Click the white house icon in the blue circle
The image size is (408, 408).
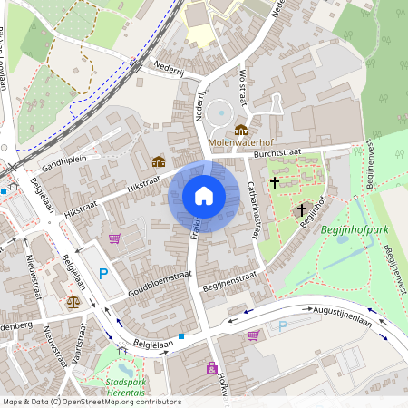(x=204, y=196)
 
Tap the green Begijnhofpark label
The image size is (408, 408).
(x=355, y=230)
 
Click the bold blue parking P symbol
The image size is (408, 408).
(x=103, y=273)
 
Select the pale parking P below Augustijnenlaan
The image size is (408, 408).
(x=283, y=325)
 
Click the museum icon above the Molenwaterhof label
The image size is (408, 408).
(x=240, y=130)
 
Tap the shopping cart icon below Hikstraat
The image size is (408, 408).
(x=114, y=239)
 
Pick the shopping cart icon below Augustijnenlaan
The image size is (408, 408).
(x=252, y=335)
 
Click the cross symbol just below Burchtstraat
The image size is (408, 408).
(x=275, y=182)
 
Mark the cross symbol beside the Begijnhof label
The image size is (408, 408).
(x=301, y=209)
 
